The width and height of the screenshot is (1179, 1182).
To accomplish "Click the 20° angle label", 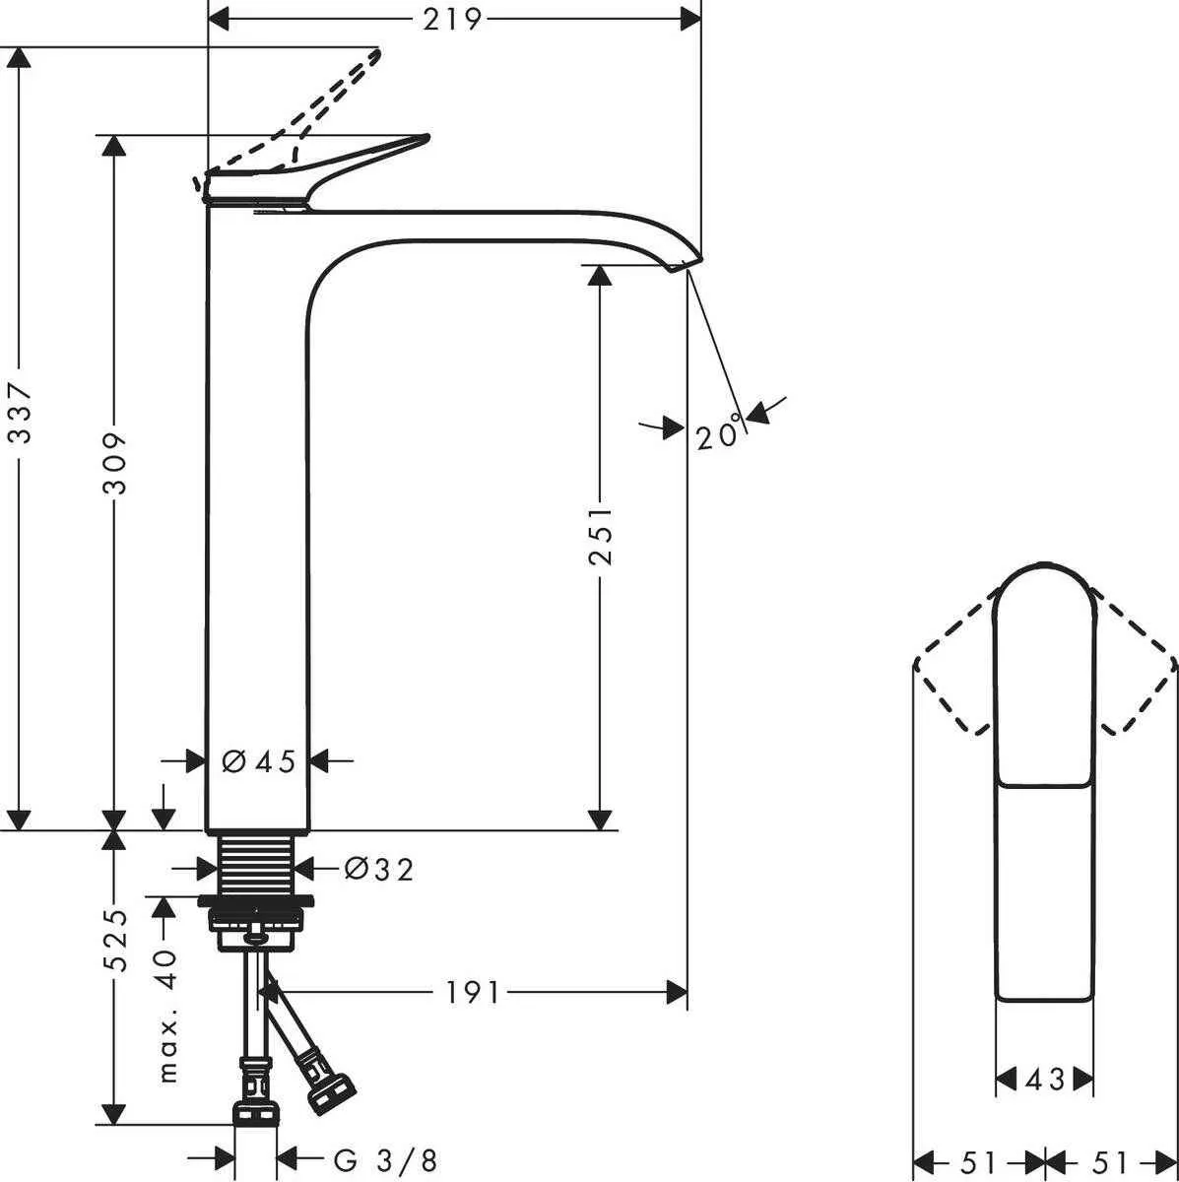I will [x=718, y=435].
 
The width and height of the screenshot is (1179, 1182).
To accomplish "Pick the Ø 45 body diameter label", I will [x=258, y=761].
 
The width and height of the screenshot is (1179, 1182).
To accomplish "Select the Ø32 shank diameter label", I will [x=378, y=869].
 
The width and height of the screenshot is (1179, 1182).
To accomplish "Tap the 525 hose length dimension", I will [x=116, y=940].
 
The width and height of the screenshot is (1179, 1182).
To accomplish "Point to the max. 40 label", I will [x=167, y=1015].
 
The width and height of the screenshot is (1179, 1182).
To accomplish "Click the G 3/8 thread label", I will [x=385, y=1160].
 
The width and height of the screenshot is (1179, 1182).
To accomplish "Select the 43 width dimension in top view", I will [x=1044, y=1080].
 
